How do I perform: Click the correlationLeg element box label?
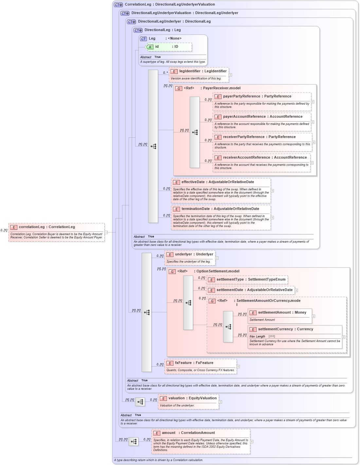click(x=47, y=227)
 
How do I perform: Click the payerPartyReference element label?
click(x=257, y=96)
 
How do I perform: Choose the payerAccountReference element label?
click(x=262, y=117)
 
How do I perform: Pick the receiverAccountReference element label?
click(x=265, y=158)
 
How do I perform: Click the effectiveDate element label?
click(x=218, y=182)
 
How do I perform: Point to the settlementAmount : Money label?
click(x=282, y=313)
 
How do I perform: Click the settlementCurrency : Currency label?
click(x=285, y=329)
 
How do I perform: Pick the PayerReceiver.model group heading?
click(x=221, y=88)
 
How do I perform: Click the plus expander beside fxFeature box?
click(x=238, y=367)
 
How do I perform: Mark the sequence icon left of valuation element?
click(x=140, y=402)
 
